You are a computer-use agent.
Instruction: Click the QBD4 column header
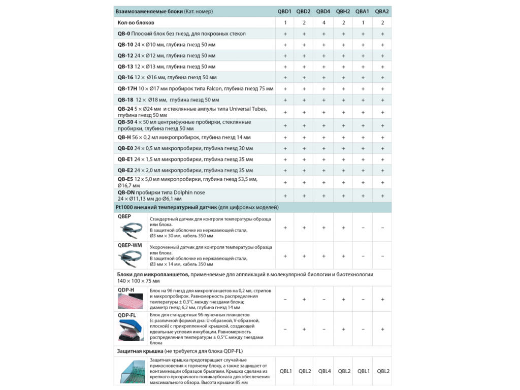pos(323,11)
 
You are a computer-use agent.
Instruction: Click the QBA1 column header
pos(363,11)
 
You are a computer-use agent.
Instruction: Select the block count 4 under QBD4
pos(323,23)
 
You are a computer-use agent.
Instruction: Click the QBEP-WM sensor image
pos(132,257)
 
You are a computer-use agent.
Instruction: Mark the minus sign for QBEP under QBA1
pos(363,228)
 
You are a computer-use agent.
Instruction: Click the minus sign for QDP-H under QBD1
pos(285,300)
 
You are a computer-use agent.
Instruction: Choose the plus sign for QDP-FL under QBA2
pos(382,329)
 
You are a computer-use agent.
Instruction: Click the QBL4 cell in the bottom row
pos(324,371)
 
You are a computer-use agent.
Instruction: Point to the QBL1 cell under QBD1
pos(285,371)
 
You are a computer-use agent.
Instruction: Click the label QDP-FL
pos(126,315)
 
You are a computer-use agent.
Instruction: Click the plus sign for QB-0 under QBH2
pos(343,34)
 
